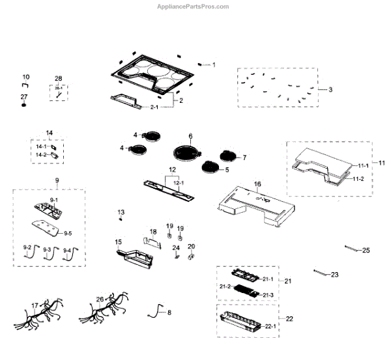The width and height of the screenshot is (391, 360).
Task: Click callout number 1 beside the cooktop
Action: click(x=213, y=65)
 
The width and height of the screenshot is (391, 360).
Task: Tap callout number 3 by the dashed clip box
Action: click(x=330, y=89)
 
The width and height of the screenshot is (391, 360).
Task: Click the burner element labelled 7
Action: click(x=229, y=156)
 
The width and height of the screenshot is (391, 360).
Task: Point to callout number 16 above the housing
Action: click(x=257, y=184)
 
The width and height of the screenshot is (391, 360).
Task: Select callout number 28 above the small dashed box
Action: click(x=58, y=78)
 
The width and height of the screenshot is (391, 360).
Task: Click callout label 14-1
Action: click(x=40, y=147)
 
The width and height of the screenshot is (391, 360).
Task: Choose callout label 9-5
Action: click(x=68, y=232)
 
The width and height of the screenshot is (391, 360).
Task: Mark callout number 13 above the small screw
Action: click(x=121, y=213)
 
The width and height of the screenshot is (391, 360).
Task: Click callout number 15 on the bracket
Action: click(x=119, y=242)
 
